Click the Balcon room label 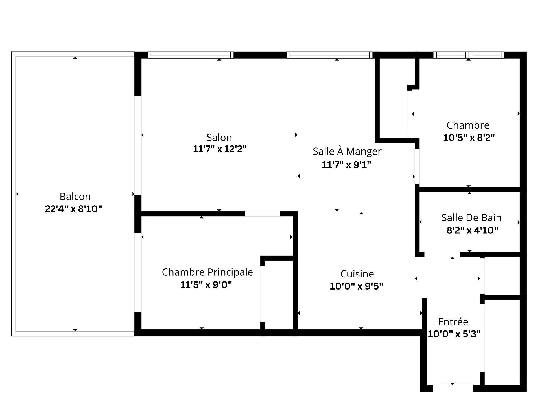[x=75, y=196]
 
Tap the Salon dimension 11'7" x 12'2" [x=220, y=149]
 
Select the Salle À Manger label [x=347, y=151]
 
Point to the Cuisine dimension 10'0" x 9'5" [x=356, y=286]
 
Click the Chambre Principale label [x=207, y=272]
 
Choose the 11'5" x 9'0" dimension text [x=206, y=285]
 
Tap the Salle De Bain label [x=471, y=218]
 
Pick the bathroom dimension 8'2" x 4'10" [x=472, y=230]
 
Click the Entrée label [x=453, y=322]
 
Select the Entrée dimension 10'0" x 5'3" [x=454, y=334]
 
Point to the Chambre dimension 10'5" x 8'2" [x=469, y=138]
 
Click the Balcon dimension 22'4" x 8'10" [x=73, y=209]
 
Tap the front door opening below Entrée [x=453, y=388]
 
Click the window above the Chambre [x=469, y=55]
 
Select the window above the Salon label [x=191, y=55]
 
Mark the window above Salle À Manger [x=330, y=55]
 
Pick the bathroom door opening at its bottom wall [x=442, y=255]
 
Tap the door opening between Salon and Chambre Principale [x=262, y=214]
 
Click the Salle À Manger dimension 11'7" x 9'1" [x=346, y=165]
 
